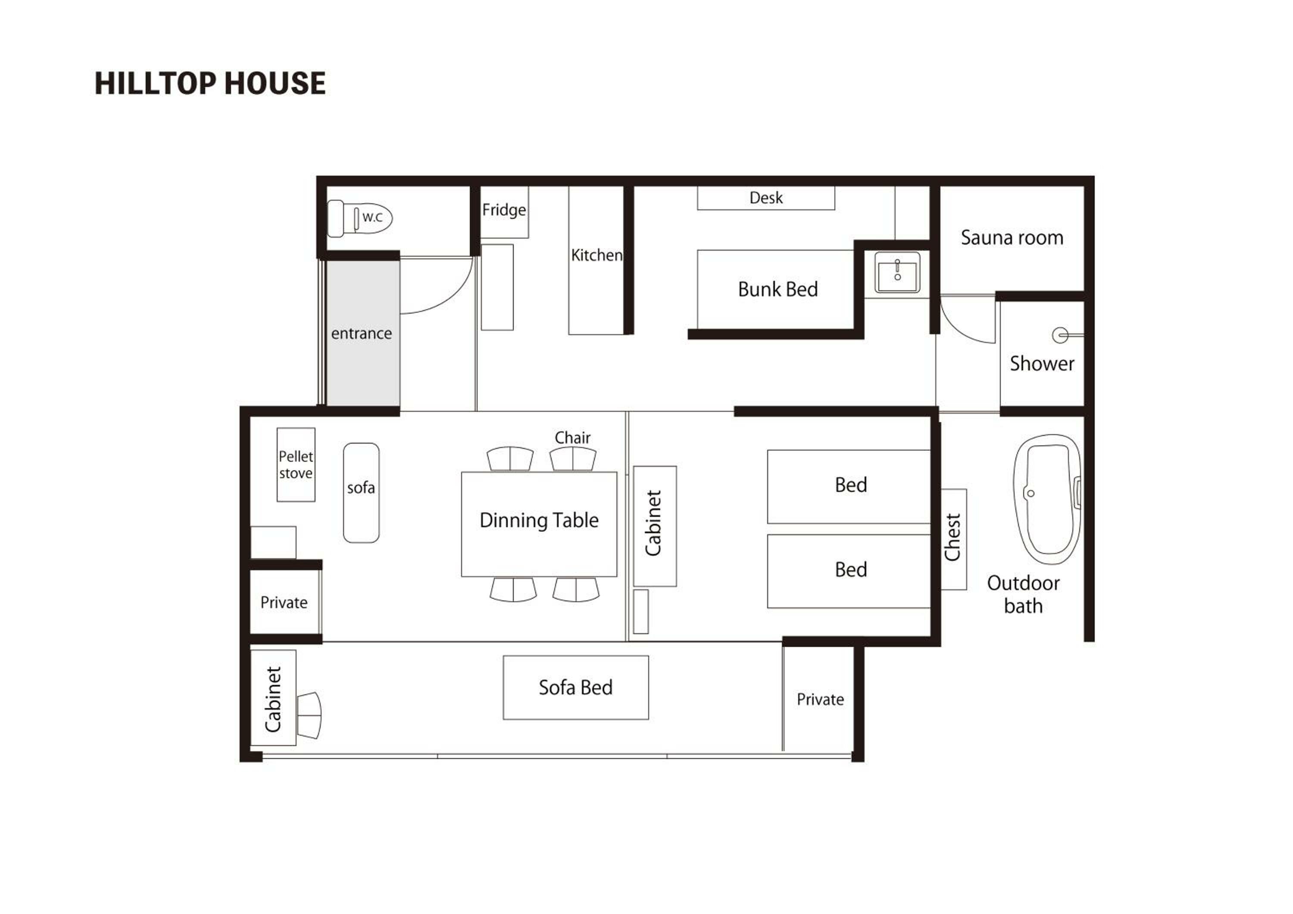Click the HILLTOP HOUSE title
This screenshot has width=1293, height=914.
[210, 83]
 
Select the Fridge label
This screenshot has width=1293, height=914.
[504, 210]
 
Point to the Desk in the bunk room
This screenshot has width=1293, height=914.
[766, 198]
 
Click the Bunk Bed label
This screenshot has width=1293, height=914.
[778, 289]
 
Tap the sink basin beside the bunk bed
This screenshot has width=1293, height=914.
[897, 272]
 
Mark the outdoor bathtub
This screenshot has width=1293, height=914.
[1047, 499]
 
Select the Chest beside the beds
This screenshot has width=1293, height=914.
[953, 539]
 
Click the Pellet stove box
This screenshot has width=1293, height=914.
[296, 464]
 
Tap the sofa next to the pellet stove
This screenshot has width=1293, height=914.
[361, 492]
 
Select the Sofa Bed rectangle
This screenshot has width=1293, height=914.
[575, 687]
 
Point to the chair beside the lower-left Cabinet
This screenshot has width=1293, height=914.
[309, 715]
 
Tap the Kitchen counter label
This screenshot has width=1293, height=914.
[597, 255]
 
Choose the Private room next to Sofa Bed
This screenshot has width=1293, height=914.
[820, 699]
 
